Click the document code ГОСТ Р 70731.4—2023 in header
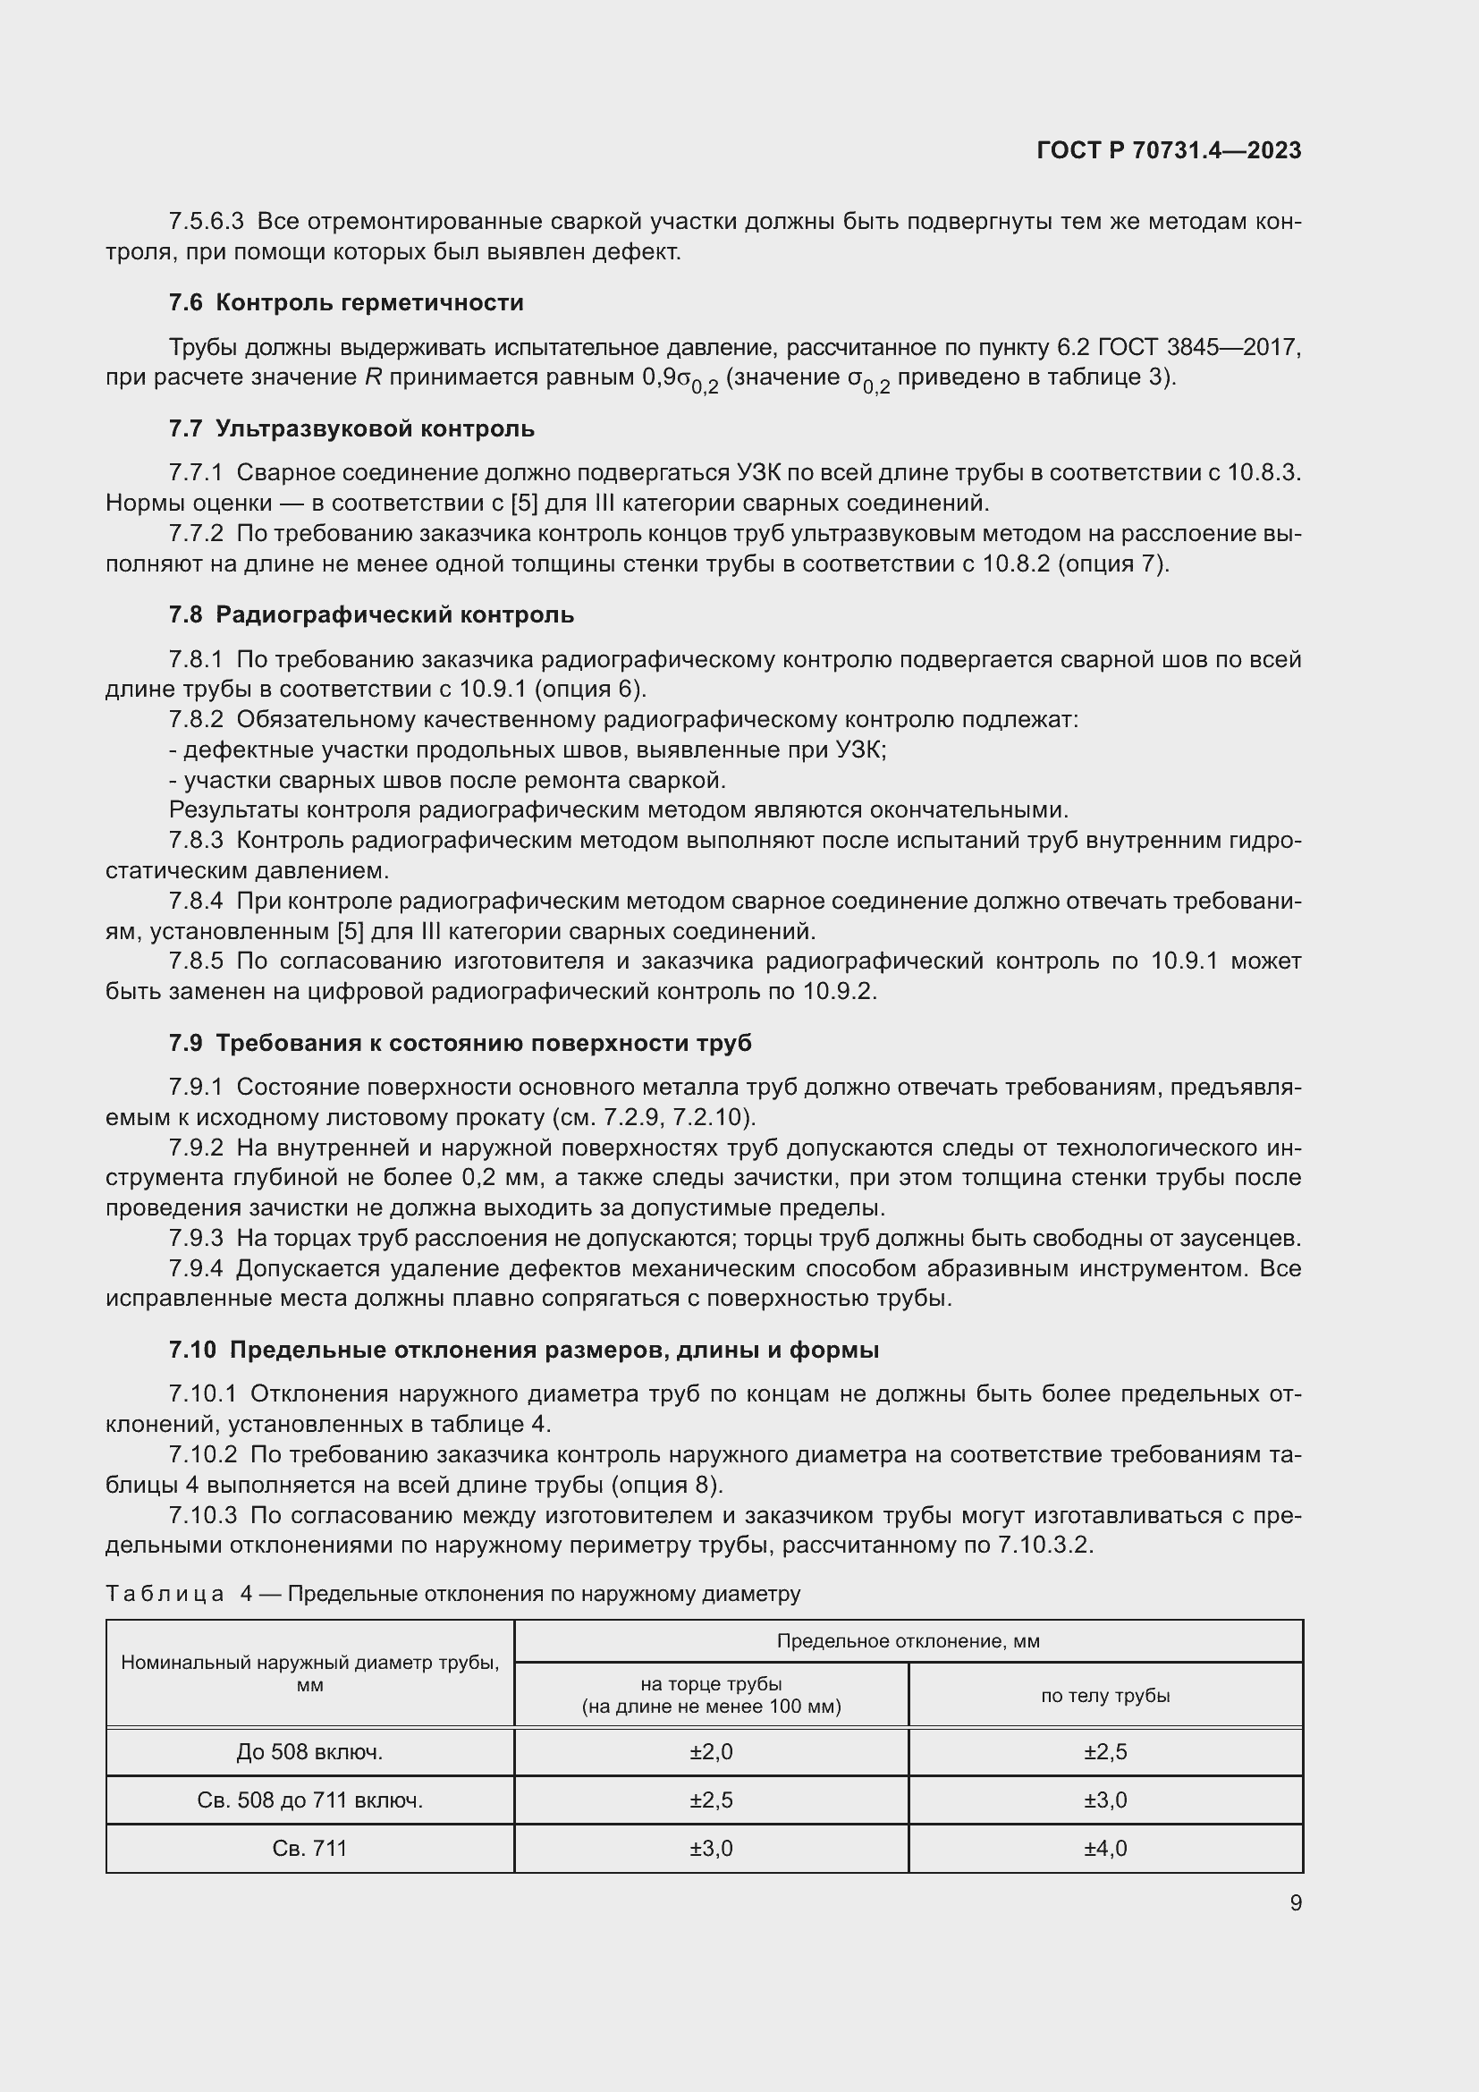click(1169, 150)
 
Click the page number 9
click(1295, 1902)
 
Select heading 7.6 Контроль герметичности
click(346, 302)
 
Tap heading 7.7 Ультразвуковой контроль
click(351, 428)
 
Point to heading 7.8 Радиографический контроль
click(371, 614)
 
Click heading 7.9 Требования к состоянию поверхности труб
click(460, 1042)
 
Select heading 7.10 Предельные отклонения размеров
click(524, 1350)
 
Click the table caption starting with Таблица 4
click(452, 1593)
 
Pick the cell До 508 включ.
click(309, 1751)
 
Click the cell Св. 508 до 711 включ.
click(309, 1800)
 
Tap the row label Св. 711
click(309, 1848)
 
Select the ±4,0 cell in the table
click(1104, 1848)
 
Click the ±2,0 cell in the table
click(710, 1751)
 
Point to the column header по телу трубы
click(1104, 1695)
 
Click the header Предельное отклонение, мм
click(907, 1641)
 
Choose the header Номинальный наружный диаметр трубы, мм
click(309, 1673)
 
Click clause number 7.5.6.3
click(206, 222)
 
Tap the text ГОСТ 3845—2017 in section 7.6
click(1199, 347)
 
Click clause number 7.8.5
click(195, 961)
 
